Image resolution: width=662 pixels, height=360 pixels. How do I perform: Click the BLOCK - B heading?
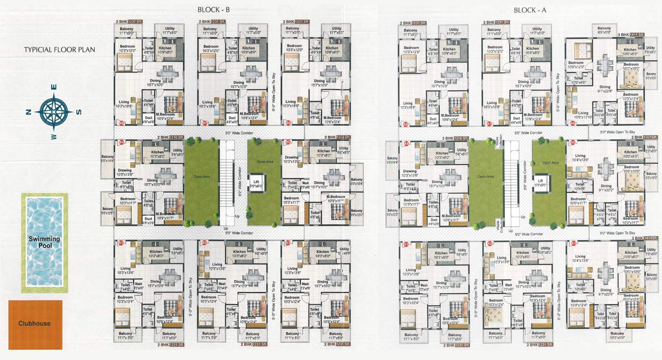tap(214, 10)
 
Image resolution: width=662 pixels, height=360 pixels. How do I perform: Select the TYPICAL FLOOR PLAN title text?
tap(60, 50)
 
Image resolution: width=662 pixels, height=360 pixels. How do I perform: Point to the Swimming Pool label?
tap(44, 243)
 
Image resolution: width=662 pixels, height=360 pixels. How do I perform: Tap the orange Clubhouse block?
tap(35, 323)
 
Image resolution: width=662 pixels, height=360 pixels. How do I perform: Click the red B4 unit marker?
tap(121, 143)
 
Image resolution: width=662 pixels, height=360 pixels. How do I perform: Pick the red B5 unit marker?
tap(288, 143)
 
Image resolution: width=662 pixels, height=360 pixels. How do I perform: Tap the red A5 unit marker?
tap(573, 142)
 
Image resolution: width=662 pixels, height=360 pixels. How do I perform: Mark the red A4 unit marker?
tap(406, 143)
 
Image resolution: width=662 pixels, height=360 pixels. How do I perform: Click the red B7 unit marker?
tap(204, 122)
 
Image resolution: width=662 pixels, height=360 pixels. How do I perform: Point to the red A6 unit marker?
tap(573, 123)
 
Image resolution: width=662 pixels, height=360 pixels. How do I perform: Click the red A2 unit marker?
tap(490, 244)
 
